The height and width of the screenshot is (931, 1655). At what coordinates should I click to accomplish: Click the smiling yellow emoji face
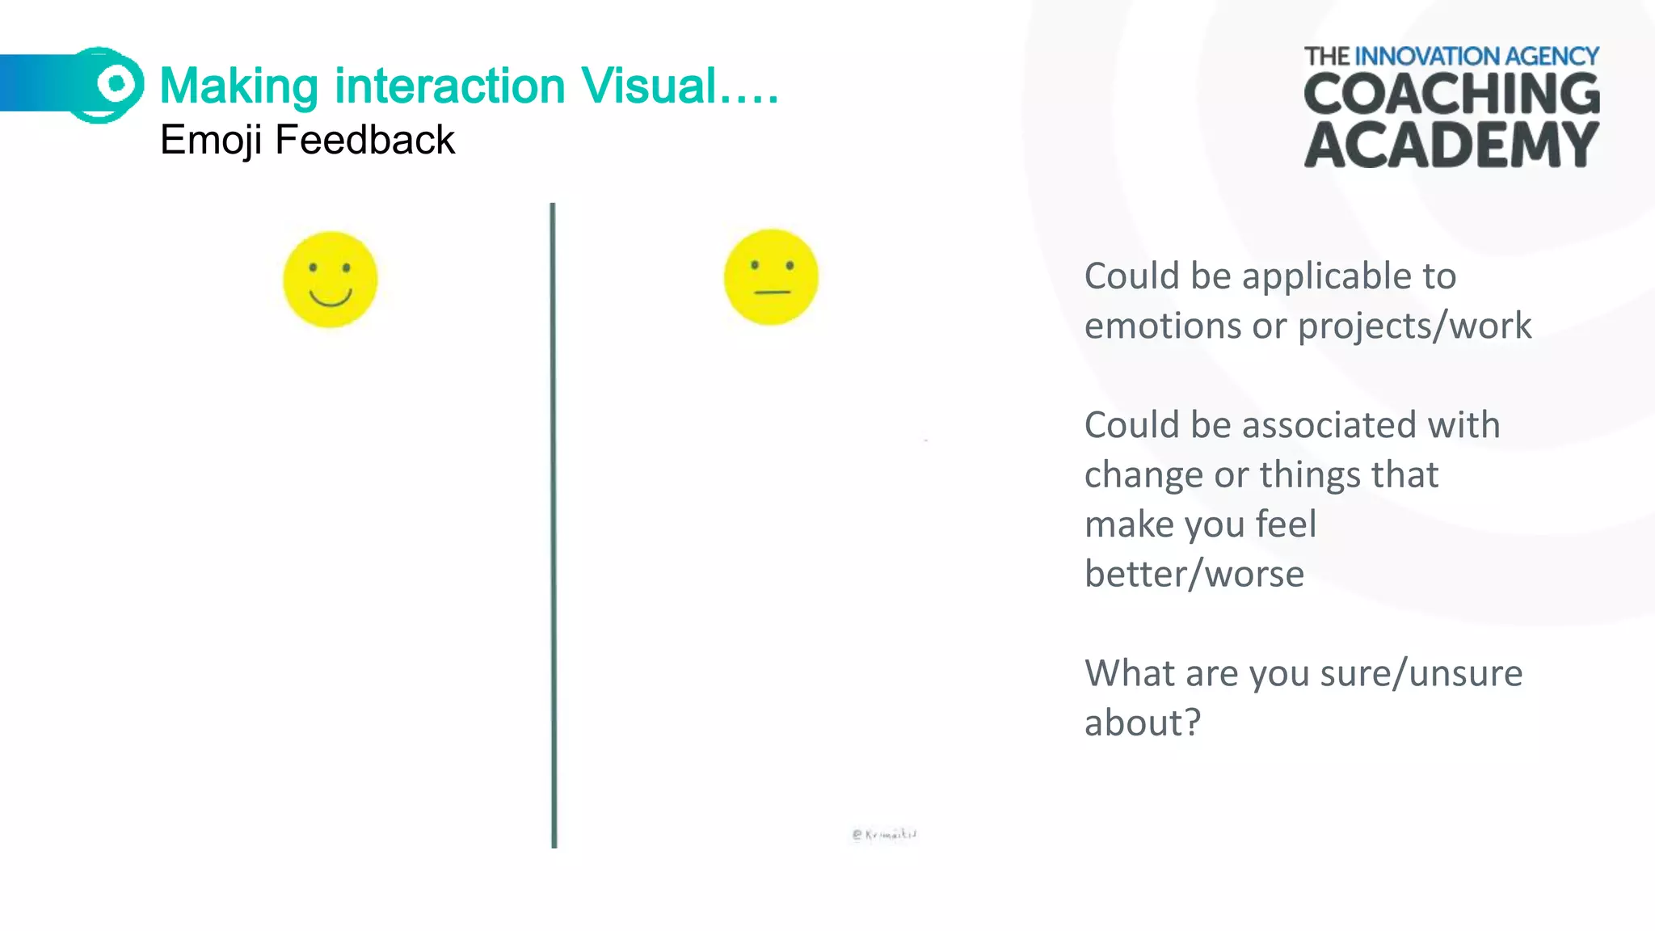point(330,280)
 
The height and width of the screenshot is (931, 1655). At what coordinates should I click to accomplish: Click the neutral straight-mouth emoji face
point(771,277)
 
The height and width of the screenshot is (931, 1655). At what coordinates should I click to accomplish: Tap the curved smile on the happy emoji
point(330,299)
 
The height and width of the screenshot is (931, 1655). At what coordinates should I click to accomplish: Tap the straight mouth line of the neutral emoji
point(772,292)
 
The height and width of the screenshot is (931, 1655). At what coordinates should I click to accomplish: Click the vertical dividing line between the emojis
point(554,525)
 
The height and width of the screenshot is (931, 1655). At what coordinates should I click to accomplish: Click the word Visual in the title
point(649,86)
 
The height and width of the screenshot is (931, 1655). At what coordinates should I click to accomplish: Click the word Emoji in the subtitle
point(211,140)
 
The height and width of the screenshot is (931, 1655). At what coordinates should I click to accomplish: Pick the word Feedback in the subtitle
point(365,140)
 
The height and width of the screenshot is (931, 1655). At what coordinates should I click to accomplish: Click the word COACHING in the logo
point(1451,94)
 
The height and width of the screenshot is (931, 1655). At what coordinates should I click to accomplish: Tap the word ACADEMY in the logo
point(1451,145)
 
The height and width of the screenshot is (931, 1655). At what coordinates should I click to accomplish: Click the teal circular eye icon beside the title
point(115,83)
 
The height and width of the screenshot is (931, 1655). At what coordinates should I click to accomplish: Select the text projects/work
point(1414,326)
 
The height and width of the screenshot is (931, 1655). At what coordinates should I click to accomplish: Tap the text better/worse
point(1194,575)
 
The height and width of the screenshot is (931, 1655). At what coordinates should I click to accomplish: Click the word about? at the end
point(1143,722)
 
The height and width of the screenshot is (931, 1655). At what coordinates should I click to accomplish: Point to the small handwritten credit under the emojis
point(884,834)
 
